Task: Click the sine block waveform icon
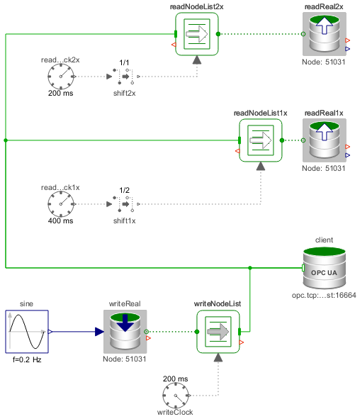tap(27, 332)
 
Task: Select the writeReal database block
tap(125, 332)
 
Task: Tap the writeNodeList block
tap(218, 332)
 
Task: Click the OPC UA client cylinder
tap(325, 268)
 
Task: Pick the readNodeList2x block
tap(197, 34)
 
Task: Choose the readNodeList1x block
tap(261, 140)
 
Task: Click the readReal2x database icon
tap(325, 34)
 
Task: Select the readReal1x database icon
tap(325, 140)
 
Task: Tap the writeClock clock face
tap(176, 396)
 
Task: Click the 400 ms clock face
tap(61, 204)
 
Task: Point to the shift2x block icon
tap(125, 77)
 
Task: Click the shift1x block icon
tap(125, 204)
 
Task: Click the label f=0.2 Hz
tap(27, 359)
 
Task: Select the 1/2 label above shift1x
tap(125, 190)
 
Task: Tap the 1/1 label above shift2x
tap(125, 62)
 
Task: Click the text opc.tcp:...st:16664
tap(324, 295)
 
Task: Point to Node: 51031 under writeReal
tap(125, 359)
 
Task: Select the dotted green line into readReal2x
tap(261, 34)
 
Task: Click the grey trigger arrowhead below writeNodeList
tap(218, 357)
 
